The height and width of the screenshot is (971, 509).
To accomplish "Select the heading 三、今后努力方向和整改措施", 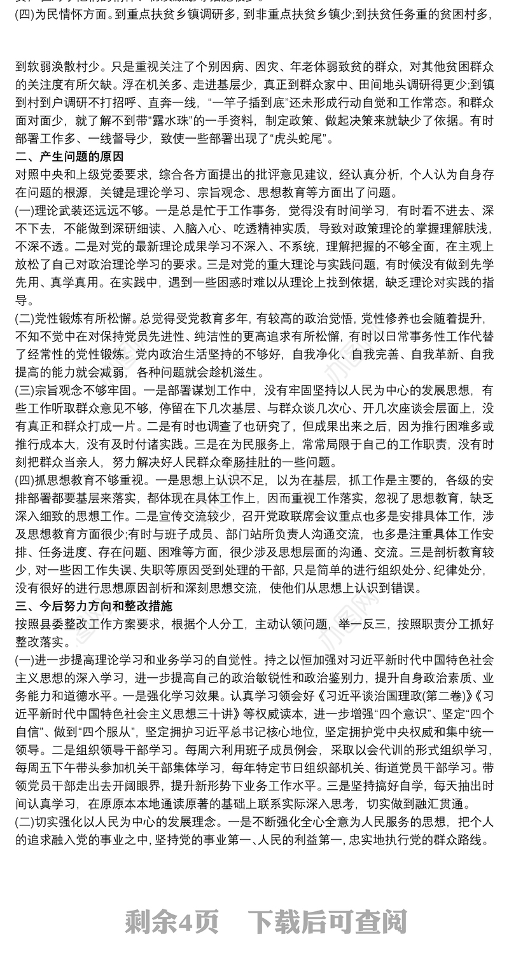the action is (x=93, y=606).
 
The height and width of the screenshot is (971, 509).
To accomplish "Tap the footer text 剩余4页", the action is (x=172, y=921).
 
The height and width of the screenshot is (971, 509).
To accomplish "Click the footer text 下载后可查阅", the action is (x=326, y=921).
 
